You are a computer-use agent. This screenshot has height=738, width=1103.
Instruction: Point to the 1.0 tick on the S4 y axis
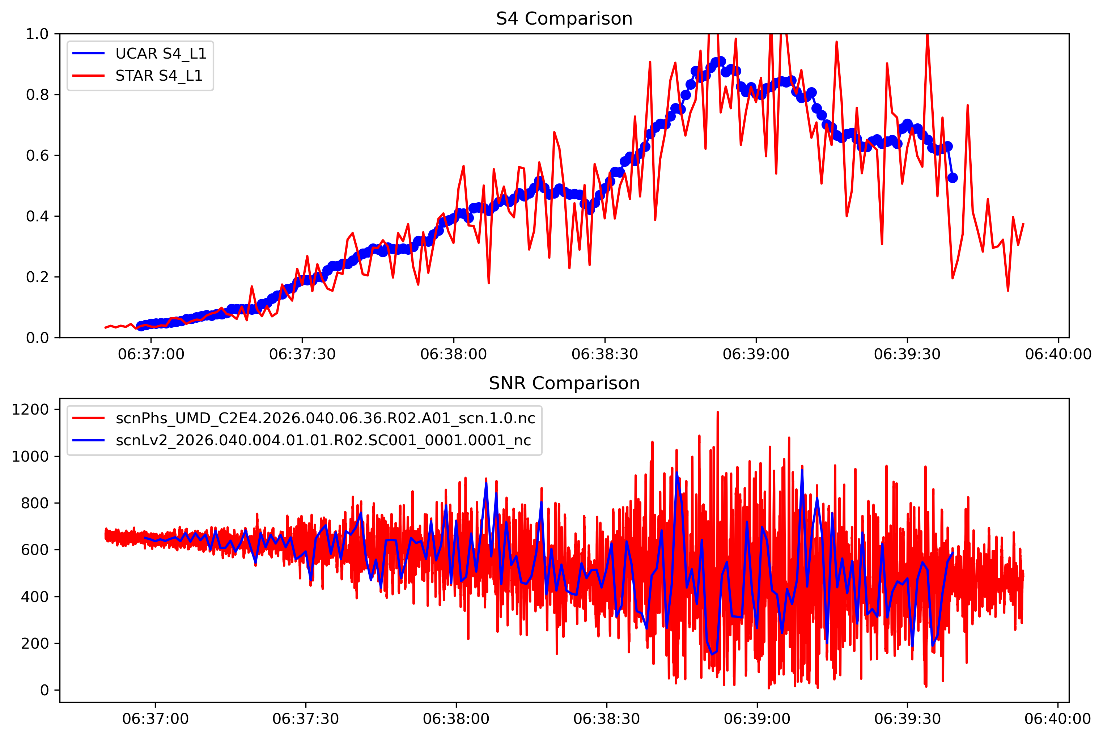(x=37, y=34)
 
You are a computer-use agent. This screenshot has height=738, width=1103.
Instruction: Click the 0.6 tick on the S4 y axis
(x=37, y=155)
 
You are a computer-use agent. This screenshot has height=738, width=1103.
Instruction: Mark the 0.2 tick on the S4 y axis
(x=37, y=277)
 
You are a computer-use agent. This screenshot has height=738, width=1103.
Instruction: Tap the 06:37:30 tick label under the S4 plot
(x=302, y=355)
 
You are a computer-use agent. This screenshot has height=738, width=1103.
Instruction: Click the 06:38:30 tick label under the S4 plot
(x=604, y=355)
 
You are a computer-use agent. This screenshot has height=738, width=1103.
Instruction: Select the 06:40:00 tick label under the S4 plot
(x=1058, y=355)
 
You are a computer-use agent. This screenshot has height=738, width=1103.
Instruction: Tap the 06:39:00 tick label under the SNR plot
(x=757, y=719)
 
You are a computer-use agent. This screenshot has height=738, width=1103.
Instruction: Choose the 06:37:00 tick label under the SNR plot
(x=155, y=719)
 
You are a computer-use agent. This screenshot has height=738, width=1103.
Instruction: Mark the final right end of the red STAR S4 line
(x=1023, y=224)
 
